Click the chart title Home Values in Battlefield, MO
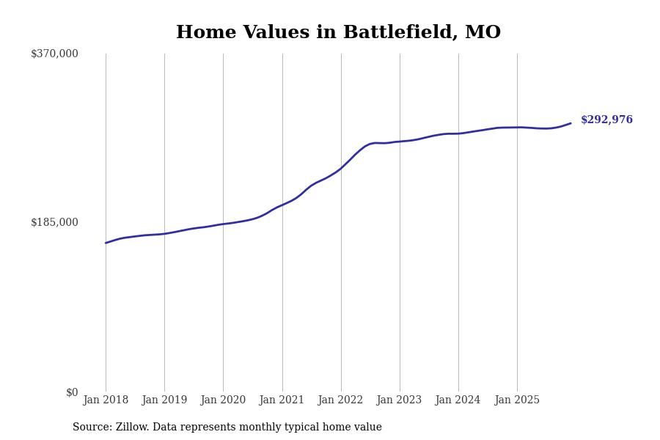(338, 33)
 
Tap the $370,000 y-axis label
(54, 54)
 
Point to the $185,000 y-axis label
(54, 222)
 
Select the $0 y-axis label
(72, 392)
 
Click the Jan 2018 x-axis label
(106, 400)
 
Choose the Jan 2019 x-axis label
(164, 400)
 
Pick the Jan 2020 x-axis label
(223, 400)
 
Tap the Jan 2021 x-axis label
(282, 400)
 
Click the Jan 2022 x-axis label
(340, 400)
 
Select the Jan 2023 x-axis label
(399, 400)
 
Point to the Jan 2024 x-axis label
(458, 400)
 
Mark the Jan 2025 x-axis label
(517, 400)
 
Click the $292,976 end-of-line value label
(606, 120)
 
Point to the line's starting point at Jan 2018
(106, 243)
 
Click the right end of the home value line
(571, 123)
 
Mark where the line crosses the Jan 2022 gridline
(341, 169)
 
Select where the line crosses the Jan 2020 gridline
(223, 224)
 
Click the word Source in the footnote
(91, 428)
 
